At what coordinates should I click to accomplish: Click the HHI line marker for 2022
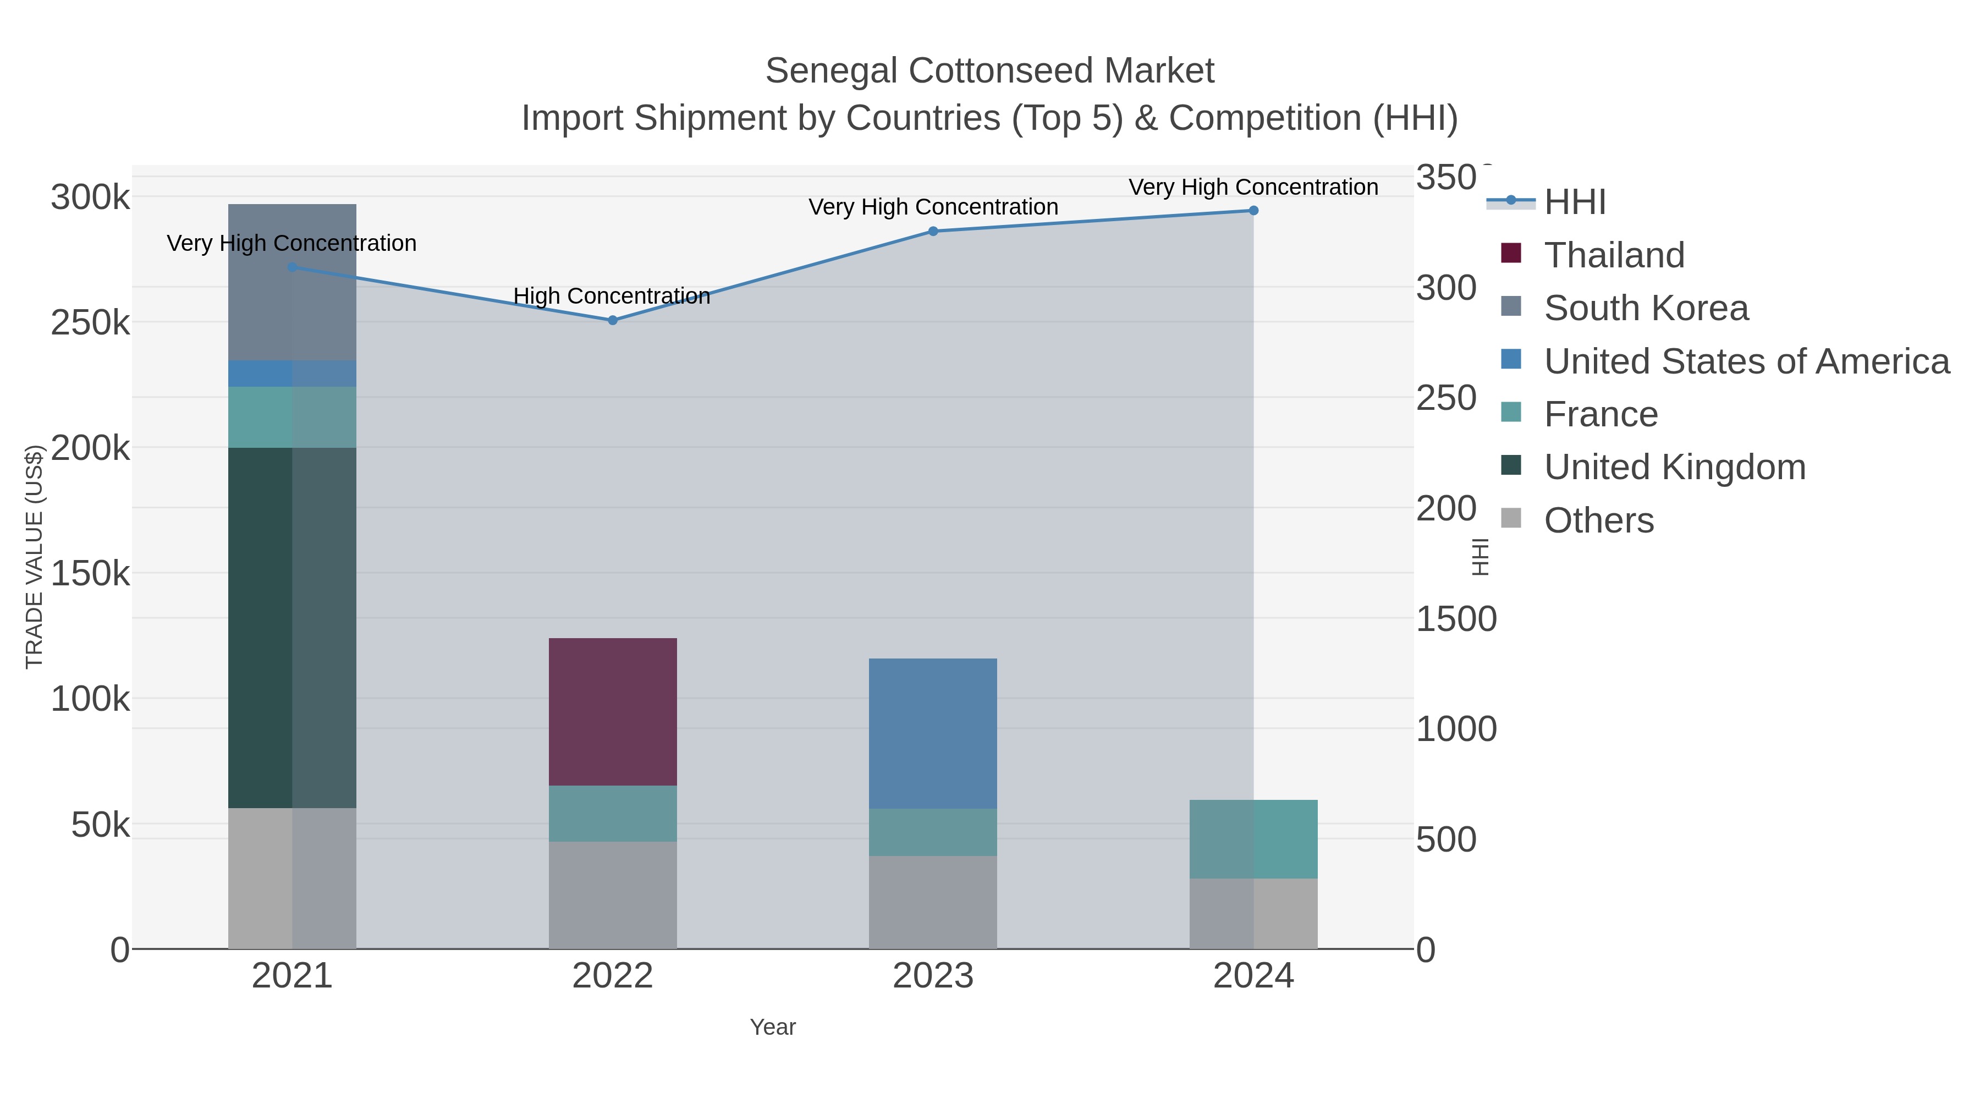613,320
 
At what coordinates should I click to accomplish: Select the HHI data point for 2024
1253,211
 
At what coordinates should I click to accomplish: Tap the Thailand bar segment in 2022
613,711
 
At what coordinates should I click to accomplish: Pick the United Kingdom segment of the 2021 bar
292,627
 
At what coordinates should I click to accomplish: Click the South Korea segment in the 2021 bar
292,282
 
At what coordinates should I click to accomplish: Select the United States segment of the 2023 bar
932,733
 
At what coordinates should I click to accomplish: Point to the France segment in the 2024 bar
1253,839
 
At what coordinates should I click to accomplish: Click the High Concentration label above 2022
611,296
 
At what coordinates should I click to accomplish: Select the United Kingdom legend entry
1674,468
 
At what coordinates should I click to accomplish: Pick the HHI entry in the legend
1574,202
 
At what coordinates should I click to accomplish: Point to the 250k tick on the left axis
90,323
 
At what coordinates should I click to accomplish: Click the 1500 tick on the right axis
1456,619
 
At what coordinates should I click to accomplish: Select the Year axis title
773,1027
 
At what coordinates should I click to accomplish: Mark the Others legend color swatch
1510,518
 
